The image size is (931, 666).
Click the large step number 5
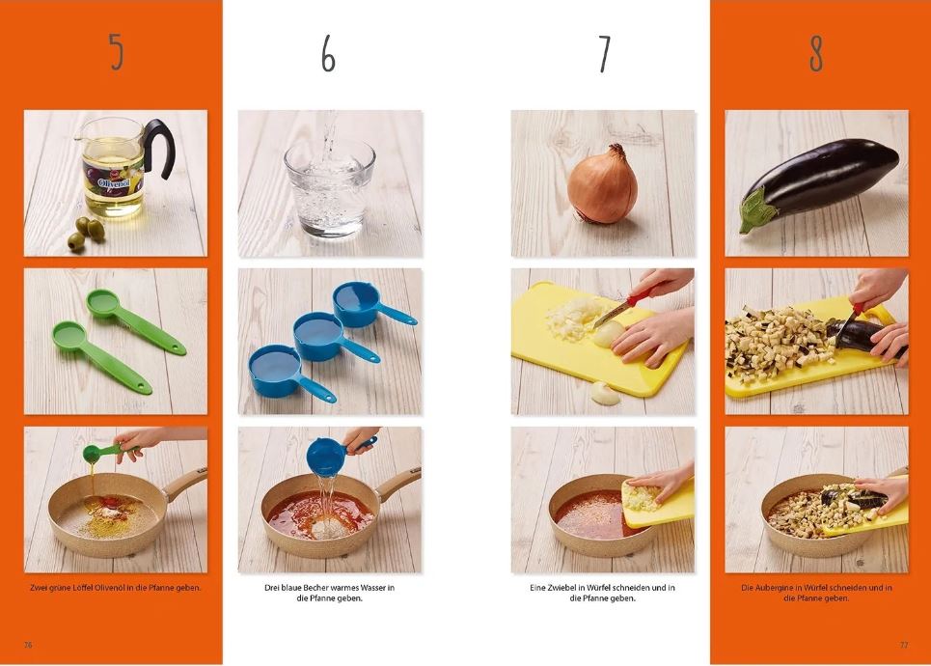click(117, 52)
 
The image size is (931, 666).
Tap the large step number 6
click(328, 54)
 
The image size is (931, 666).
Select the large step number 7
click(604, 54)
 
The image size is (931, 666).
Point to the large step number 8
click(816, 53)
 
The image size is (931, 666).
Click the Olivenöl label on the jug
click(114, 181)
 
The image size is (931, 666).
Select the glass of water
click(330, 188)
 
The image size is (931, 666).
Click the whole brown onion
click(602, 184)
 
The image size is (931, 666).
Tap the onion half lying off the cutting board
click(606, 393)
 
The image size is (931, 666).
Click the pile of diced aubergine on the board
click(778, 343)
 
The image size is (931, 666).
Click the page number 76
click(28, 645)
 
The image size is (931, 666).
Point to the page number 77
click(904, 645)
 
